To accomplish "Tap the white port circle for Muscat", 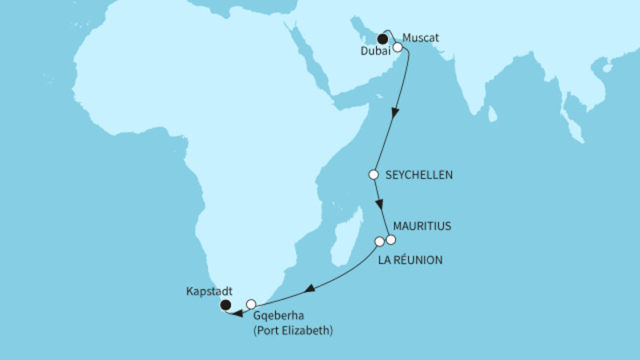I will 397,47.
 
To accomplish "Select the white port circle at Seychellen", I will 373,174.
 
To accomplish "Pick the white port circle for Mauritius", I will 391,239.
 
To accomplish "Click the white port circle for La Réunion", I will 380,241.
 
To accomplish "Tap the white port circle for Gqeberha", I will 251,304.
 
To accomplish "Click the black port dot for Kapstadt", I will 226,304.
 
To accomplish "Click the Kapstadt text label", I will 205,290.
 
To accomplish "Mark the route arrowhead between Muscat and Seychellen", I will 394,114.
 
